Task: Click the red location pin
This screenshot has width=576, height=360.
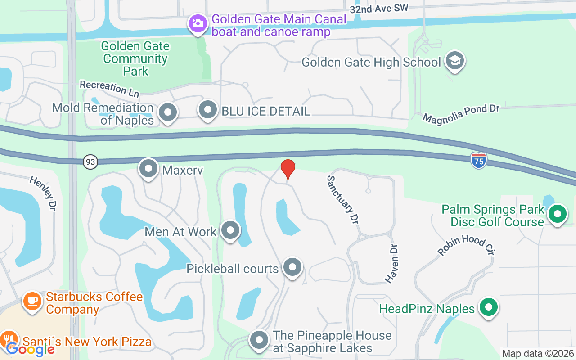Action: (x=288, y=169)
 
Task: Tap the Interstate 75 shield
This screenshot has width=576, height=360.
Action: (x=479, y=160)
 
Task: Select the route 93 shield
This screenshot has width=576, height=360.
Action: (x=90, y=162)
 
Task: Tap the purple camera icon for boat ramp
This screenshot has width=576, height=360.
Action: (x=198, y=23)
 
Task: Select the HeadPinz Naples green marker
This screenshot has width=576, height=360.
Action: (x=488, y=308)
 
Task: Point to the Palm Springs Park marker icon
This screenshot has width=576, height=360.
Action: (x=558, y=214)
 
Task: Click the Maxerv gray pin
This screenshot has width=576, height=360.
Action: (x=148, y=169)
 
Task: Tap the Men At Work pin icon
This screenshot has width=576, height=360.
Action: (x=230, y=230)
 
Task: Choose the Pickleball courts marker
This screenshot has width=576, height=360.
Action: (x=293, y=267)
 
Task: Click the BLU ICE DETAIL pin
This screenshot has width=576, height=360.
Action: (x=208, y=110)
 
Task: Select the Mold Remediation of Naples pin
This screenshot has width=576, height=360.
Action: (x=168, y=112)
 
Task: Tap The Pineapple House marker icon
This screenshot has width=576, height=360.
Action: (x=259, y=341)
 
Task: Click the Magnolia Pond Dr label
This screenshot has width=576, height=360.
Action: (x=461, y=114)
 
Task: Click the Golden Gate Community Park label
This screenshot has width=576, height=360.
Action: (x=135, y=58)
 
